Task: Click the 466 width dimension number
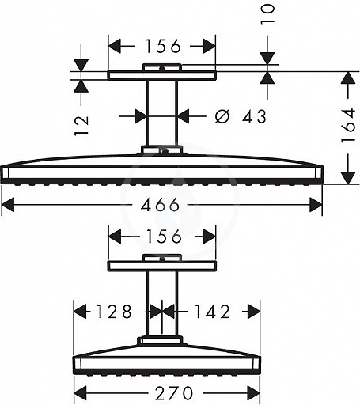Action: [160, 205]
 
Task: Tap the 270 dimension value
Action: [174, 393]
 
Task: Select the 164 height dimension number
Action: [349, 125]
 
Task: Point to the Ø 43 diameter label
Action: [241, 116]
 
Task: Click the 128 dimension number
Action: [114, 312]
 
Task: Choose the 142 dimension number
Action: [212, 312]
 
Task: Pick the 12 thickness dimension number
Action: [81, 125]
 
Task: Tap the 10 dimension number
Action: [267, 14]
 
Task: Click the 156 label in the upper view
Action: [163, 46]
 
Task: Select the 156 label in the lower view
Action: [163, 236]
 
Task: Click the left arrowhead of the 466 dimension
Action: [8, 205]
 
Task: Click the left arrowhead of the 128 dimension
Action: [80, 312]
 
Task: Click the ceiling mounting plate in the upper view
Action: [162, 75]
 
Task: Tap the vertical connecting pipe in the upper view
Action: [162, 113]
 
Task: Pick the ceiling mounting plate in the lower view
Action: [162, 266]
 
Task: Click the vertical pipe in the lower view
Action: [162, 304]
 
